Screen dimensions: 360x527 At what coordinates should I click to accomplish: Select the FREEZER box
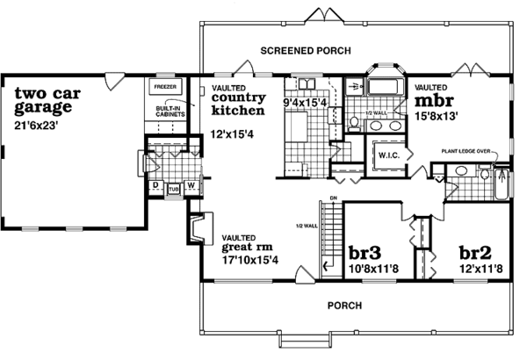click(166, 89)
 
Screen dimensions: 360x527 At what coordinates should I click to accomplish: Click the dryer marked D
click(155, 186)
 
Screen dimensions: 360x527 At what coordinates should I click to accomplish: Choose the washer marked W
click(190, 186)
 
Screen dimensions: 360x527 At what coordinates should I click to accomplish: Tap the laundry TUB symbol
click(172, 188)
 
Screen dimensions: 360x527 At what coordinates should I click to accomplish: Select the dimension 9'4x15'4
click(305, 102)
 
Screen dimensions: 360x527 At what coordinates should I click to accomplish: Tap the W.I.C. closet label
click(388, 156)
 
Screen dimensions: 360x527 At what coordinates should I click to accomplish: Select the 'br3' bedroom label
click(362, 250)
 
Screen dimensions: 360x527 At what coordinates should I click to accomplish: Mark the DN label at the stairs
click(332, 198)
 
